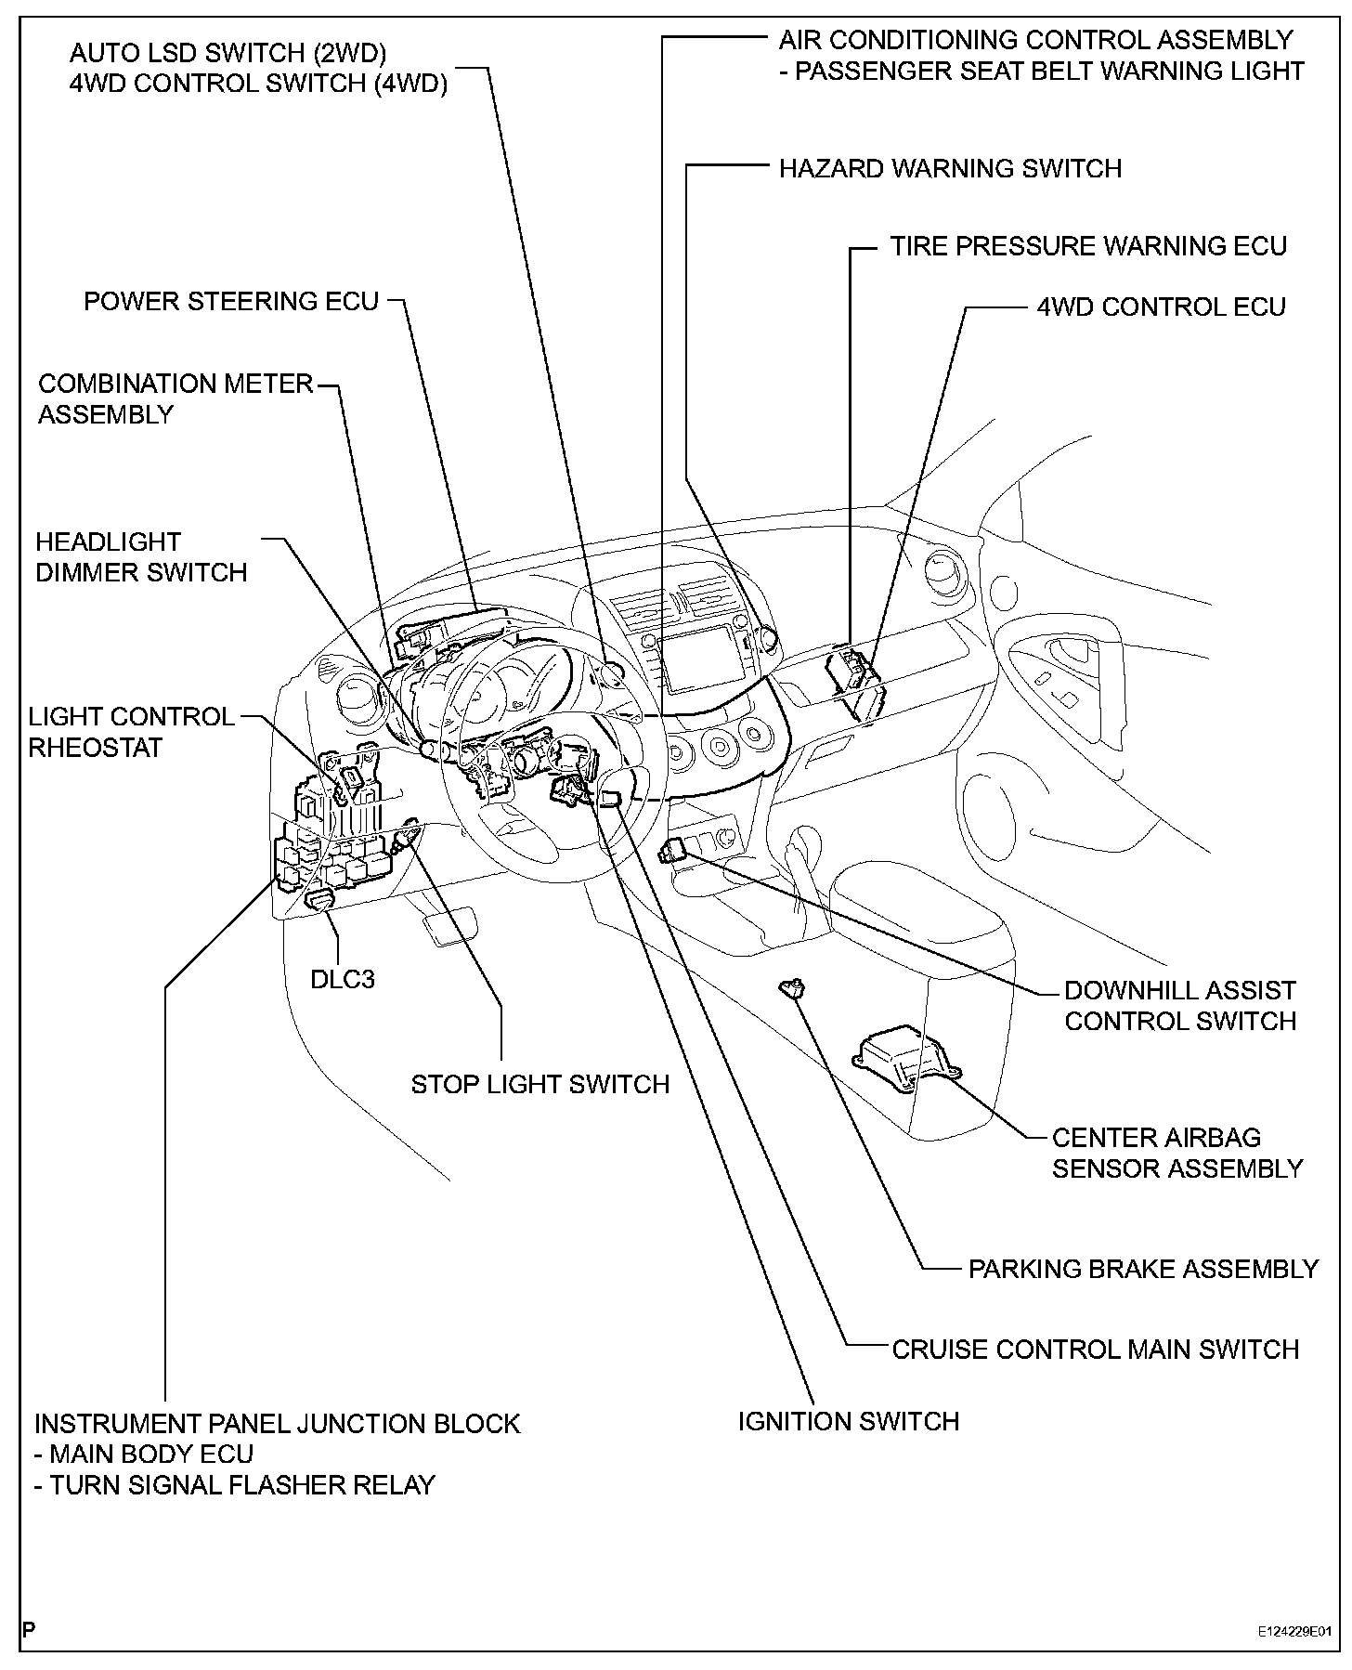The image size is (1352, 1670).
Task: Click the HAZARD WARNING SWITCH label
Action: pos(950,168)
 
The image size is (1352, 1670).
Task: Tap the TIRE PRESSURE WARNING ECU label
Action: pos(1088,246)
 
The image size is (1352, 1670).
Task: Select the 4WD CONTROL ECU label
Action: pos(1161,307)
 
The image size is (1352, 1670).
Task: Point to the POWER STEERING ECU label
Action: pos(231,301)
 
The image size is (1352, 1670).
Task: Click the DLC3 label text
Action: pos(343,979)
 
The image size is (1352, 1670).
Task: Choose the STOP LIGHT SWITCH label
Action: pos(539,1084)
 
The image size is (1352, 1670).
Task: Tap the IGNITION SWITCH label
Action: pos(848,1421)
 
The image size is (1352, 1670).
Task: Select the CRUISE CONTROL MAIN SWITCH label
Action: pos(1095,1349)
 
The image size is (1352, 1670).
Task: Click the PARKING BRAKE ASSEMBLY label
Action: pos(1143,1269)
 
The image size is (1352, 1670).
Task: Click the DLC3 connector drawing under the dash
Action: pos(321,899)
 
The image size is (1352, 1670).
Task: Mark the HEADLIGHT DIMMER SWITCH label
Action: pos(141,557)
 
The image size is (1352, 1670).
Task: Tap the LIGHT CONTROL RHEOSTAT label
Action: pos(131,732)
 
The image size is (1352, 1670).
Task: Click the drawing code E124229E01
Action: pos(1294,1630)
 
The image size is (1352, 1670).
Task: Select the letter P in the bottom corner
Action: pos(29,1629)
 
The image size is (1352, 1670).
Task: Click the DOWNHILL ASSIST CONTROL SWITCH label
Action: pos(1179,1005)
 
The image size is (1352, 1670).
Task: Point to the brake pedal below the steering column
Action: pos(450,928)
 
